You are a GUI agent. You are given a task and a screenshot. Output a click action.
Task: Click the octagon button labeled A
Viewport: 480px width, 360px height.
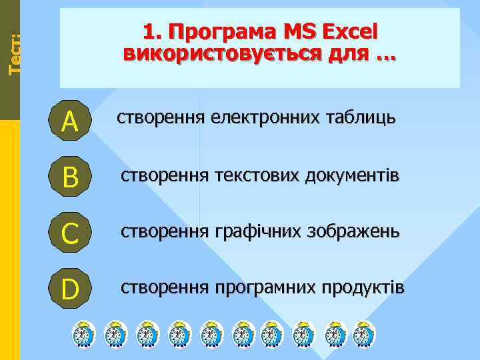click(70, 121)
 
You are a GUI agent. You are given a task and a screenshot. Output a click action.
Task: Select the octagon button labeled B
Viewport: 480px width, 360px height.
click(70, 177)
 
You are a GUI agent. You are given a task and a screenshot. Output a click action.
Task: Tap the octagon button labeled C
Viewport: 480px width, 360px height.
click(70, 233)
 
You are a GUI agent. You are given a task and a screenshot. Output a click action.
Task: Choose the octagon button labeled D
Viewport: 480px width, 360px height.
click(70, 289)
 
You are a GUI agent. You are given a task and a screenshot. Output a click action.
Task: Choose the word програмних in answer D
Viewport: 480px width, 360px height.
click(266, 287)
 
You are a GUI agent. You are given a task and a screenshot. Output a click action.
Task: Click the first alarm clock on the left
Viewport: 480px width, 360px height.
click(83, 333)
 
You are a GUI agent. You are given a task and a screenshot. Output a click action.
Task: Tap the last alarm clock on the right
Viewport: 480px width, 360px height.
click(363, 333)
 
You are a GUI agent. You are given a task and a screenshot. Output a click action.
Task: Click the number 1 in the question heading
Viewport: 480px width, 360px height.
click(149, 31)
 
